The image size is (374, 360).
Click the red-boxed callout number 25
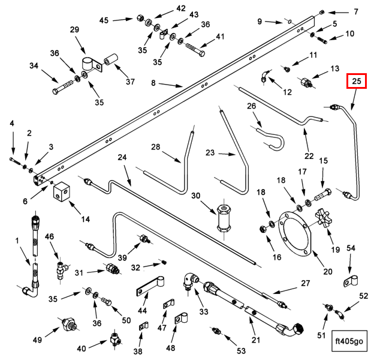pyautogui.click(x=357, y=81)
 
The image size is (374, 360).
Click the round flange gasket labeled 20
pyautogui.click(x=295, y=234)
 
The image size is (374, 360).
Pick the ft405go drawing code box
pyautogui.click(x=349, y=341)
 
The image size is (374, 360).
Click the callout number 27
pyautogui.click(x=305, y=283)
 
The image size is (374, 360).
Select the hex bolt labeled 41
pyautogui.click(x=195, y=50)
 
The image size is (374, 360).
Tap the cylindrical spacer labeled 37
pyautogui.click(x=111, y=59)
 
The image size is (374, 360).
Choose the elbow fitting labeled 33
pyautogui.click(x=191, y=281)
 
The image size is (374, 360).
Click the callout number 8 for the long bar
pyautogui.click(x=153, y=83)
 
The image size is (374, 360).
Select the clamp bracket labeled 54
pyautogui.click(x=351, y=281)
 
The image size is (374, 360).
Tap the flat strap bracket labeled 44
pyautogui.click(x=150, y=286)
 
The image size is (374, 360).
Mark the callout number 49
pyautogui.click(x=37, y=340)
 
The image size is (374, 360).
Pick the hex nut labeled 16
pyautogui.click(x=263, y=229)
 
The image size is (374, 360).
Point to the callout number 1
pyautogui.click(x=17, y=241)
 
